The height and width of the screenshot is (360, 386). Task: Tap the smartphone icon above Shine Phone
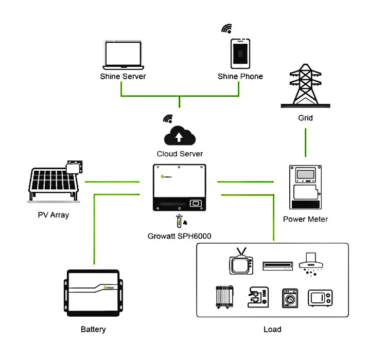[240, 53]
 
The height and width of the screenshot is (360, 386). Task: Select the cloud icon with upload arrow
[180, 136]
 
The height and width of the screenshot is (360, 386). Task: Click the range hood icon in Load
[312, 263]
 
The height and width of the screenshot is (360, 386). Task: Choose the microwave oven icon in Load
[320, 298]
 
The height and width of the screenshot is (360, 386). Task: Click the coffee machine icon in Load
[257, 297]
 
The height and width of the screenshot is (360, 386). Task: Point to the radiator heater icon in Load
[224, 298]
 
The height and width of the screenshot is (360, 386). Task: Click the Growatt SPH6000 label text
[180, 237]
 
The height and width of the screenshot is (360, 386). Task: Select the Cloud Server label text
[180, 154]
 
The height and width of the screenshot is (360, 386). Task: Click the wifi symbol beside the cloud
[167, 119]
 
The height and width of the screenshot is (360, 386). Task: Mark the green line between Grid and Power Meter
[306, 142]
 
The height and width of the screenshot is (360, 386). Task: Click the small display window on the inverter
[195, 203]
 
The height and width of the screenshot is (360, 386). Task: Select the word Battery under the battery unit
[94, 329]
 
